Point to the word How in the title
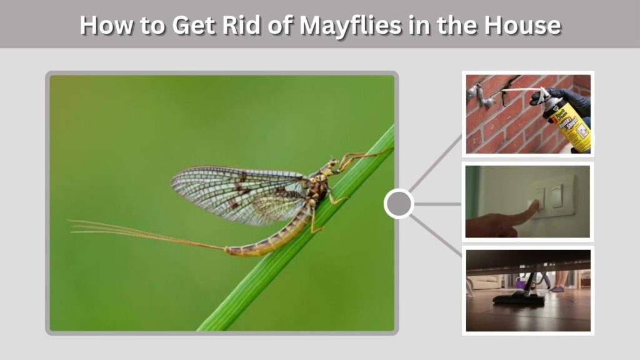(106, 25)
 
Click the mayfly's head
(332, 165)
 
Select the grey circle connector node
(399, 203)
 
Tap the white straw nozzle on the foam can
(521, 91)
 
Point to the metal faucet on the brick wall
(478, 96)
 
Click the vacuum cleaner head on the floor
(518, 300)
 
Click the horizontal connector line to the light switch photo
(437, 204)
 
